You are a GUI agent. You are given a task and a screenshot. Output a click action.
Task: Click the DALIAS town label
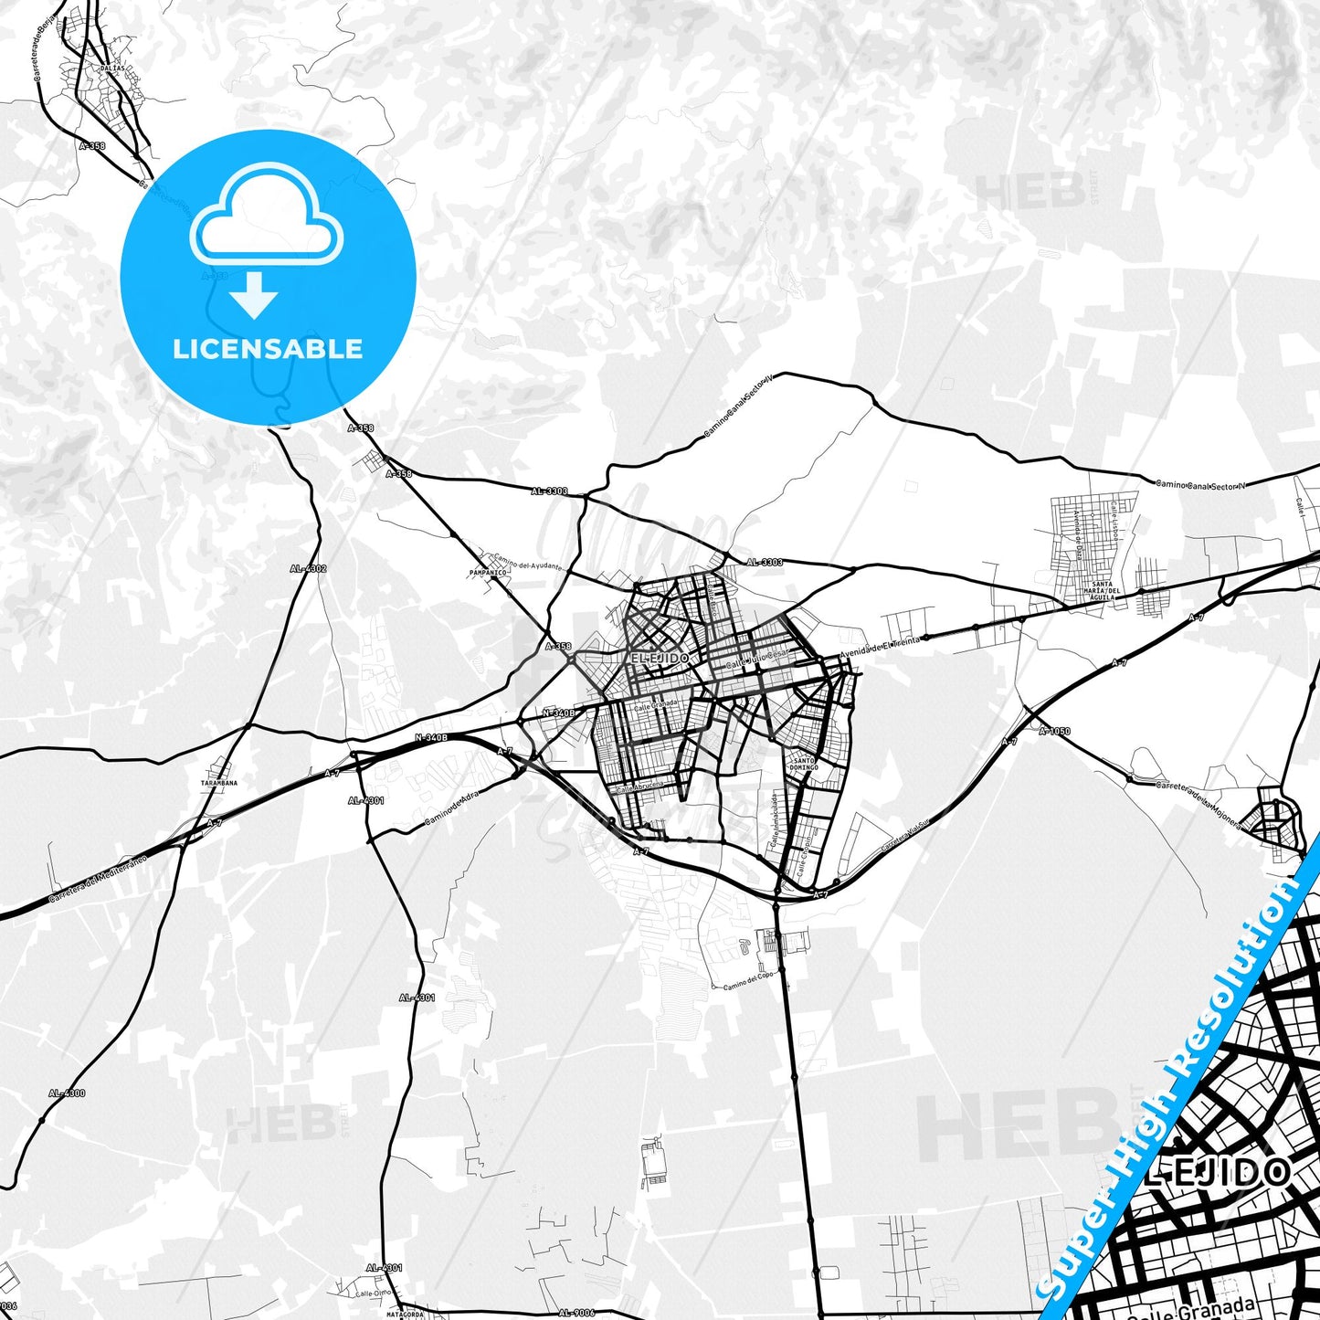point(113,69)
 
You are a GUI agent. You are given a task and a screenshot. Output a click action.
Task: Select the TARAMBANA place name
point(219,783)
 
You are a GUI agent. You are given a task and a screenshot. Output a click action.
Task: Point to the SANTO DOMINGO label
point(804,764)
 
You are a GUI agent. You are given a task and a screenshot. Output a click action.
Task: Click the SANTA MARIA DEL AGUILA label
point(1103,590)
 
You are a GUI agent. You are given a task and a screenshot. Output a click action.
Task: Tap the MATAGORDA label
point(403,1315)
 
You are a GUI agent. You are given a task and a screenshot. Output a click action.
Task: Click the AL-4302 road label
point(308,568)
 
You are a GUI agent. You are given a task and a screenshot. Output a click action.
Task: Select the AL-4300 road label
point(67,1093)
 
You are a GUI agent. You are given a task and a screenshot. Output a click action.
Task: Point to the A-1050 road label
point(1054,731)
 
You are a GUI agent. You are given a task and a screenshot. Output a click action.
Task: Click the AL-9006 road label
point(576,1314)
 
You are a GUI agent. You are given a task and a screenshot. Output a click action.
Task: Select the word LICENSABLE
point(267,349)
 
